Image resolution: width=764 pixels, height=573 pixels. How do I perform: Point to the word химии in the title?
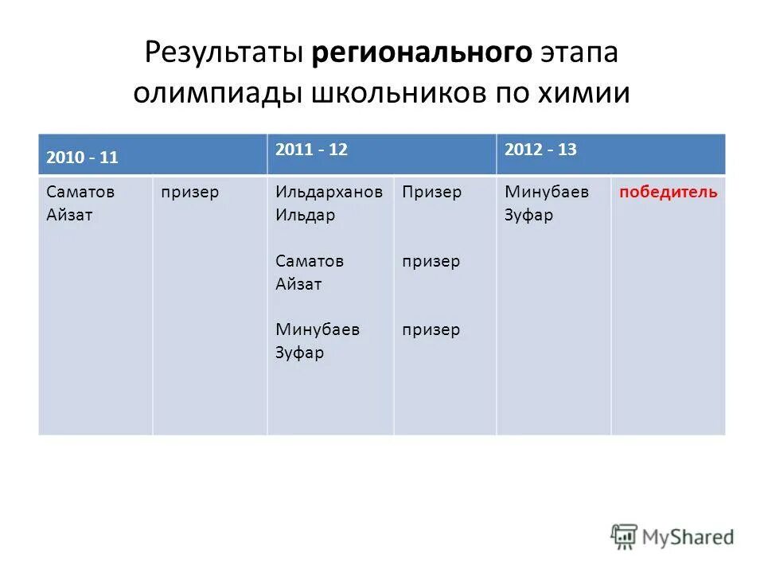click(x=584, y=92)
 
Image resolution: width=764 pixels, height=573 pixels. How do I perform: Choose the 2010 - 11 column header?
click(x=82, y=158)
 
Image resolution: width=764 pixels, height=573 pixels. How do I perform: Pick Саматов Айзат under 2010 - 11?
click(x=69, y=204)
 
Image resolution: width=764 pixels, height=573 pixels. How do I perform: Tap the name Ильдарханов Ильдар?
click(x=329, y=204)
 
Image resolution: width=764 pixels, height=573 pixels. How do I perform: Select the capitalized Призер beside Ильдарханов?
click(x=431, y=193)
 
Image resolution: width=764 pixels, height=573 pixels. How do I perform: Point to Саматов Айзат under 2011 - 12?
click(x=310, y=272)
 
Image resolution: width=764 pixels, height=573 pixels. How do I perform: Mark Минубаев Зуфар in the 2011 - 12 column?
click(x=317, y=341)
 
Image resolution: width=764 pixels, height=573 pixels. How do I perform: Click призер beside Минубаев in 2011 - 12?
click(x=431, y=329)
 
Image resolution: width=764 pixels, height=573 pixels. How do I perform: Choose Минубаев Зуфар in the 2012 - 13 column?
click(x=546, y=204)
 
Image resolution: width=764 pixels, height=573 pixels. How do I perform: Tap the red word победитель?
click(x=668, y=193)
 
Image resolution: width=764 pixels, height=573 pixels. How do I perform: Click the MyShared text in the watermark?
click(x=688, y=537)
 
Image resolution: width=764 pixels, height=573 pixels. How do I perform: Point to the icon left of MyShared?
click(x=624, y=536)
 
